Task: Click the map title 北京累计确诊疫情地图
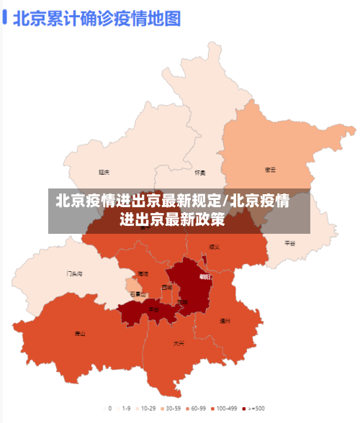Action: coord(96,17)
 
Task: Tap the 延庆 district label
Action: coord(104,173)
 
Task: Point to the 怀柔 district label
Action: coord(200,173)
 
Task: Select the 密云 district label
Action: coord(271,170)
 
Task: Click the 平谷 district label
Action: coord(289,243)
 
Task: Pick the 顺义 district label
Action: coord(214,247)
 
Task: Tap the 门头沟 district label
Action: coord(75,273)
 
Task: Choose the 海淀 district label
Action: coord(143,274)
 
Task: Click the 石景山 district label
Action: coord(138,294)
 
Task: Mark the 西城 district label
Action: coord(167,288)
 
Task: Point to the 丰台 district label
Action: coord(153,309)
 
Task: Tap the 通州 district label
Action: coord(225,321)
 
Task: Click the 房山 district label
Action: coord(80,334)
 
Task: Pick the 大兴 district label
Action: coord(178,343)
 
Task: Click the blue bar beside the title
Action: coord(4,17)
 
